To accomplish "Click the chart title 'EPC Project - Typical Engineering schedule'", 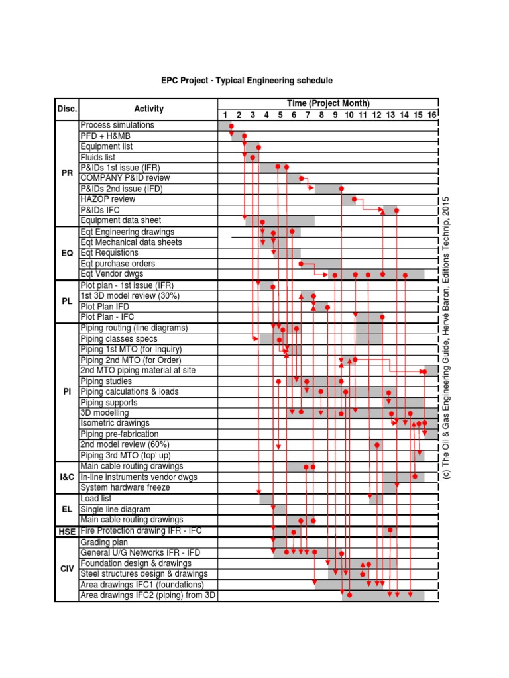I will click(x=247, y=81).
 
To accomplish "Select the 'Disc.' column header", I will click(x=67, y=109).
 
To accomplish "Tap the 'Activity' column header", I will click(x=148, y=109).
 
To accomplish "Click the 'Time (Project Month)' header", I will click(x=328, y=103).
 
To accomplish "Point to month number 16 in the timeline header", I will click(x=431, y=115).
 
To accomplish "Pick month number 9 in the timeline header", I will click(x=335, y=115).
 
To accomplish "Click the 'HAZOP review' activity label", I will click(x=107, y=199).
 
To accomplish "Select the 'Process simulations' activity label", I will click(x=117, y=125).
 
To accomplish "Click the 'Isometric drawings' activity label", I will click(x=115, y=423).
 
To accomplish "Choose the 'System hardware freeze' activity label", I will click(x=125, y=487).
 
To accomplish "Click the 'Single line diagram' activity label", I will click(x=115, y=509).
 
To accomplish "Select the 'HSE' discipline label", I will click(x=67, y=531).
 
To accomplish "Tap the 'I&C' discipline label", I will click(x=67, y=477).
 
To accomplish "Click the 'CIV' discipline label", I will click(x=67, y=569).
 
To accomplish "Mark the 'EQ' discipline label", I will click(x=67, y=253).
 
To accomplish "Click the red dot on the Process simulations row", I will click(x=231, y=126).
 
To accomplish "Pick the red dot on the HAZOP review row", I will click(x=354, y=199).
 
